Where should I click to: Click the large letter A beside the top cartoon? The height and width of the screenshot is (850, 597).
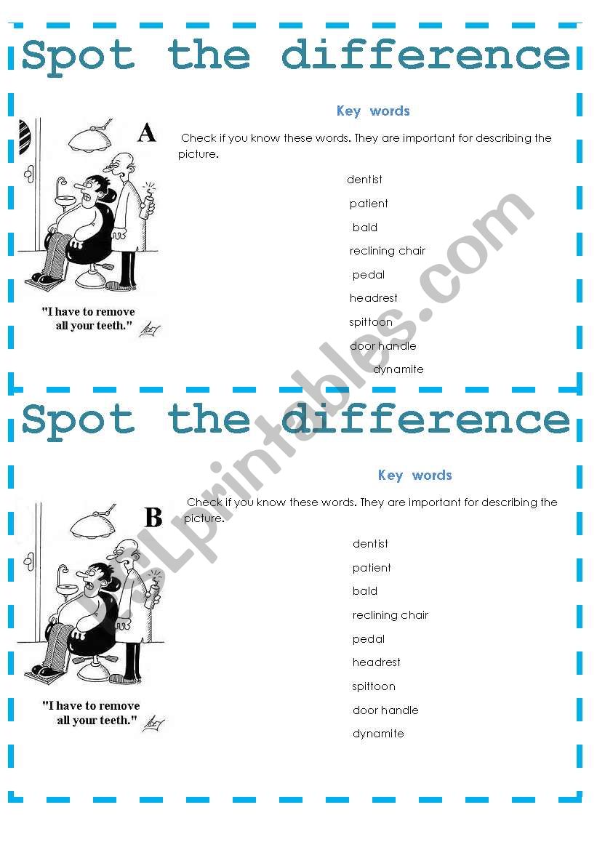pos(146,133)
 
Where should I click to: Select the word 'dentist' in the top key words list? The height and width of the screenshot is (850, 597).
pos(364,180)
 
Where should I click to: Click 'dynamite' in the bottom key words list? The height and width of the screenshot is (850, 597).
pos(378,734)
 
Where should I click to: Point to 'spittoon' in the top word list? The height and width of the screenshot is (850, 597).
pos(370,322)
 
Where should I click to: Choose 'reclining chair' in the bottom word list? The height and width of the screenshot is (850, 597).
pos(390,615)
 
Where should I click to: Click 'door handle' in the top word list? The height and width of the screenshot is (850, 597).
pos(382,346)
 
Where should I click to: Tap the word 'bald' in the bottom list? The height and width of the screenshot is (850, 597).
pos(365,591)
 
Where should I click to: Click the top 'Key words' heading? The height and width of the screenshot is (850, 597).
pos(373,111)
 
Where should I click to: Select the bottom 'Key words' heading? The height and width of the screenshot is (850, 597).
pos(414,476)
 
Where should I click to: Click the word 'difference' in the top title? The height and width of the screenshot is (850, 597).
pos(426,55)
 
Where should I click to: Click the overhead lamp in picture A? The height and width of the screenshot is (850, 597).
pos(90,139)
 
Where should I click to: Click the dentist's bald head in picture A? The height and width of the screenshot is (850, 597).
pos(121,161)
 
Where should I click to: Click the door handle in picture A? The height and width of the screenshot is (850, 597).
pos(29,174)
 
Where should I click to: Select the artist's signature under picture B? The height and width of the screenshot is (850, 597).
pos(153,723)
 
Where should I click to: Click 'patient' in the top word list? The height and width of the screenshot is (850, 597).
pos(369,204)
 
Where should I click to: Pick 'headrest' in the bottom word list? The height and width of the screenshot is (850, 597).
pos(377,662)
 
